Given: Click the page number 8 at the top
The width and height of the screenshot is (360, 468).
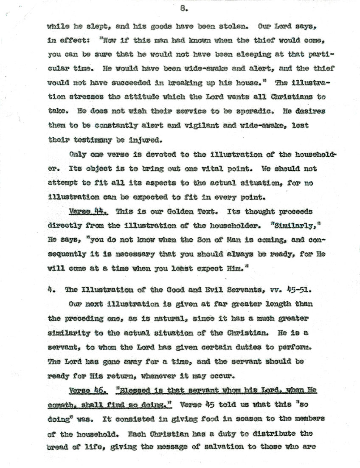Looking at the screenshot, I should (x=181, y=8).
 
